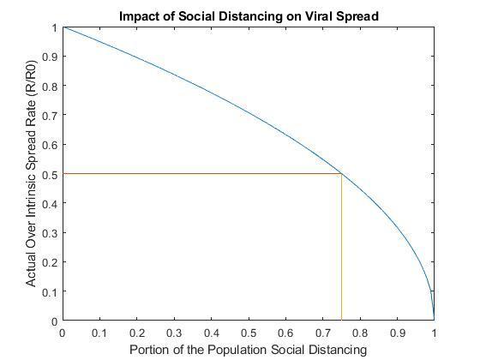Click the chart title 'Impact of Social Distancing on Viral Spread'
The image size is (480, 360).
(x=249, y=16)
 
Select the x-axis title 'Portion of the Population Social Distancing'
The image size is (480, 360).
(x=249, y=350)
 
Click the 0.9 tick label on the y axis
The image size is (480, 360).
(x=50, y=57)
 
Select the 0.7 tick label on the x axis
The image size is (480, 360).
(x=323, y=333)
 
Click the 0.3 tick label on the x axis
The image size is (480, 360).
(x=174, y=333)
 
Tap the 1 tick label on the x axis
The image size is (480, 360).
(x=434, y=333)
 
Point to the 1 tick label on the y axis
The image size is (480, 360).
(x=55, y=28)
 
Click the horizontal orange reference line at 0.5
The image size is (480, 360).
(x=202, y=173)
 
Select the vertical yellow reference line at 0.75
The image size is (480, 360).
(x=341, y=247)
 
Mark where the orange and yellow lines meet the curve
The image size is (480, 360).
(x=341, y=173)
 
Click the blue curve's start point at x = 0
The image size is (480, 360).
(x=63, y=27)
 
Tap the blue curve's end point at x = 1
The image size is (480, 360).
(x=434, y=320)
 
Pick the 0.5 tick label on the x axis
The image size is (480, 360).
(x=249, y=333)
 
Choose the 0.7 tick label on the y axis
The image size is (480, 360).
(x=50, y=116)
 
